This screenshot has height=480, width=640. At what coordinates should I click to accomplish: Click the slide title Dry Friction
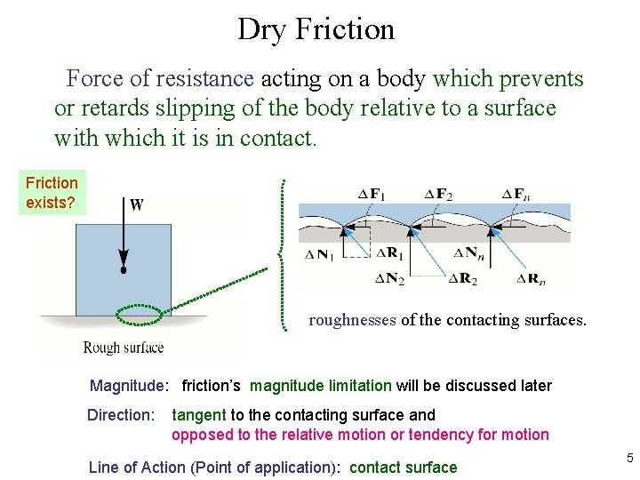tap(316, 29)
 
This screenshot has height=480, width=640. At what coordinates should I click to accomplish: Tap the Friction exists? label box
tap(52, 193)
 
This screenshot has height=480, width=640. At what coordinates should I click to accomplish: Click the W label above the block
tap(136, 205)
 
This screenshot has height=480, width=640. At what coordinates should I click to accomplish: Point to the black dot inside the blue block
tap(124, 268)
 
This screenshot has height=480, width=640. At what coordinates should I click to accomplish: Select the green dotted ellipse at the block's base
tap(140, 312)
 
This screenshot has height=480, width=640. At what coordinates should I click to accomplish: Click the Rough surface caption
tap(124, 348)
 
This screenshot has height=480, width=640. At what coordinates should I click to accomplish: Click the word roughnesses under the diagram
tap(352, 320)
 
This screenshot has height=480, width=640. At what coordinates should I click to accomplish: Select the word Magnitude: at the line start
tap(128, 386)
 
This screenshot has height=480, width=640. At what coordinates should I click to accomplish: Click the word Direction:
tap(121, 414)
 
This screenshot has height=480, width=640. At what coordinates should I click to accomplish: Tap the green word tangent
tap(199, 414)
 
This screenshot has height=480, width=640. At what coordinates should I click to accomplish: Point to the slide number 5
tap(629, 459)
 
